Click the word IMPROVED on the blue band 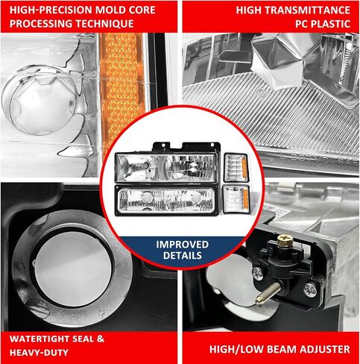[182, 245]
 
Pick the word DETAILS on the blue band [183, 255]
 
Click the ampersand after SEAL [101, 339]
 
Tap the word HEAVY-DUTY [39, 353]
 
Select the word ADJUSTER [324, 349]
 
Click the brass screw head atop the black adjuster [285, 240]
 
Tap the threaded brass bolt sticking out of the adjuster [268, 294]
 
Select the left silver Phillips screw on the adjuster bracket [258, 274]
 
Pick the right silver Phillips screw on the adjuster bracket [310, 289]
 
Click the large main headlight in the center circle [165, 168]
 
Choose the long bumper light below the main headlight [165, 200]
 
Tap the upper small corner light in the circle [236, 167]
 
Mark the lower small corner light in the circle [236, 199]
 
